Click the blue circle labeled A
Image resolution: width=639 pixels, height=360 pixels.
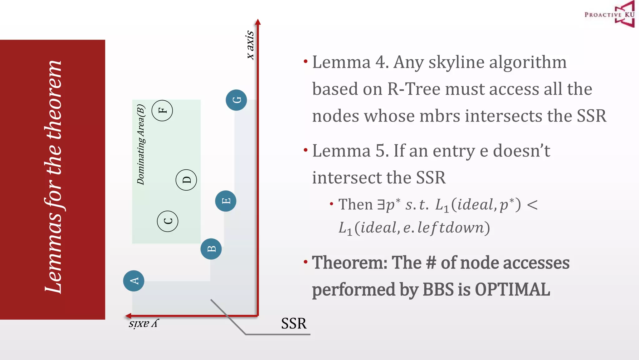point(134,281)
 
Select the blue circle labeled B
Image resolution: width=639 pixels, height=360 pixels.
point(211,249)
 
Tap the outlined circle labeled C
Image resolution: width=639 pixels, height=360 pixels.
point(168,221)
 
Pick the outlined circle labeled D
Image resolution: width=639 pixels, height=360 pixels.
point(186,180)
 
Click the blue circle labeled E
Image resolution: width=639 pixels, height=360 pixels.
point(226,201)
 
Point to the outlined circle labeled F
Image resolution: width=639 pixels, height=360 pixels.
point(162,110)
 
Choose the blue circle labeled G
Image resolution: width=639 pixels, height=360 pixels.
point(236,100)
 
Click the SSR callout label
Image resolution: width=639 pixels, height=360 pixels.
point(294,323)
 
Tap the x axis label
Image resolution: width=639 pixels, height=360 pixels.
point(250,45)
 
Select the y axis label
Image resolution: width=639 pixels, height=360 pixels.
point(144,323)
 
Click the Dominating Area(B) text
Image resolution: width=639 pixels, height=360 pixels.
point(141,144)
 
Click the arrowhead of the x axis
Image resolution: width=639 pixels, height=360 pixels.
point(258,22)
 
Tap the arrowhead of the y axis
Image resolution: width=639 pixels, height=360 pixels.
point(128,316)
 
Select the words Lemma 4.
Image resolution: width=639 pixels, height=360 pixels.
point(350,62)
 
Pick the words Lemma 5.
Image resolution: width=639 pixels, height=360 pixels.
point(350,151)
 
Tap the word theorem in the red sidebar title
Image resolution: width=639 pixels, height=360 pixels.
point(54,100)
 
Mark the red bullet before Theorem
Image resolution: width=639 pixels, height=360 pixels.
point(305,262)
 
